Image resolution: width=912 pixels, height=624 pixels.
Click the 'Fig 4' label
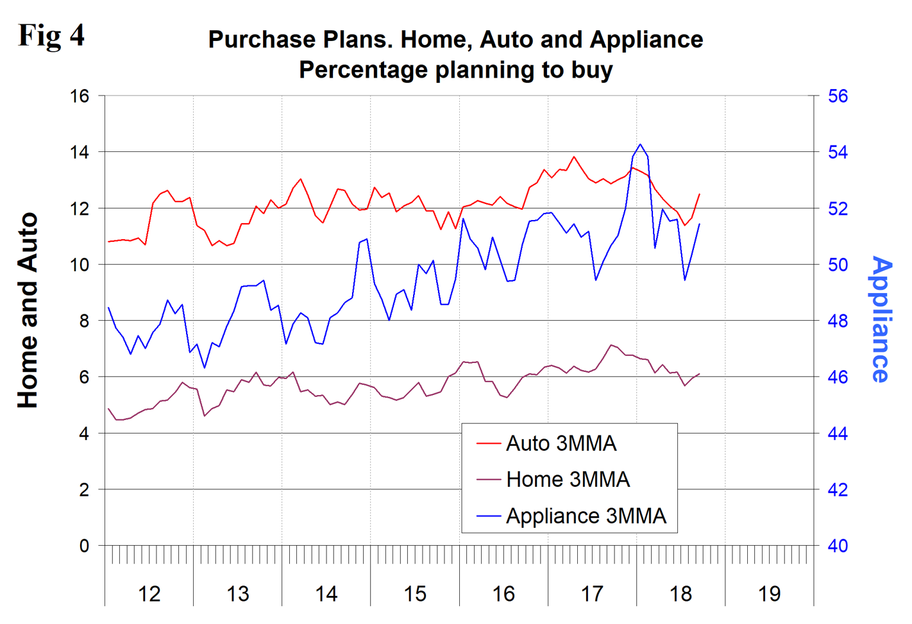[51, 35]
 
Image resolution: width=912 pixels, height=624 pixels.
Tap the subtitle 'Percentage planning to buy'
[455, 69]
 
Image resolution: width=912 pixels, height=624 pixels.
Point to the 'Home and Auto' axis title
[28, 311]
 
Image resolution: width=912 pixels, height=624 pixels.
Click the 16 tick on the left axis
[80, 96]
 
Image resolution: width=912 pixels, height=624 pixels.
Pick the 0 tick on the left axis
[84, 546]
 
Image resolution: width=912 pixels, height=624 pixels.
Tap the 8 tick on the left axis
[84, 321]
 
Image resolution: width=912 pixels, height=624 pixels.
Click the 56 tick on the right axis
[838, 96]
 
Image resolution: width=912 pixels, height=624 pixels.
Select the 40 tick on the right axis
[838, 546]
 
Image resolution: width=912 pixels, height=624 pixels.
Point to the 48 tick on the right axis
[838, 321]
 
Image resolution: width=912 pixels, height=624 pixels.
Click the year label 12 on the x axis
[149, 594]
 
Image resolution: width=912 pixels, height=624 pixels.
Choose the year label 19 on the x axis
[769, 594]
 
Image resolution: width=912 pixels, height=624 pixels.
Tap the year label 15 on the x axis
[415, 594]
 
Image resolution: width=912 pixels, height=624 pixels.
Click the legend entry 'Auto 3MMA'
[561, 443]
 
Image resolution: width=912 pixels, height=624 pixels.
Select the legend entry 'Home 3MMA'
[568, 479]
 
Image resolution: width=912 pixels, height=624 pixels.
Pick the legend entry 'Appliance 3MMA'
[586, 516]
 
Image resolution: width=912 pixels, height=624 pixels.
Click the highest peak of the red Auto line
[574, 156]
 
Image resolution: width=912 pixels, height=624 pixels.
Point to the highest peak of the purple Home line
[611, 344]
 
